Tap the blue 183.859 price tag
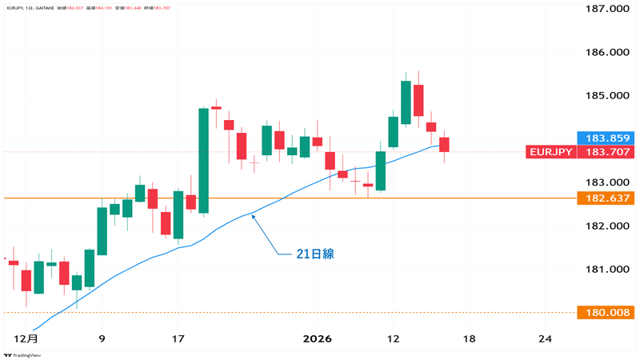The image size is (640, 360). click(x=606, y=138)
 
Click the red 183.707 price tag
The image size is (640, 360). click(x=606, y=152)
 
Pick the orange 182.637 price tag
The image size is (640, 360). click(x=606, y=198)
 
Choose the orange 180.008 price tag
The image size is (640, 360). click(x=606, y=312)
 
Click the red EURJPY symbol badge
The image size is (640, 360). click(x=550, y=152)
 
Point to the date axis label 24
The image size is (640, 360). click(x=545, y=339)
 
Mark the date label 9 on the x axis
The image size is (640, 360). click(x=102, y=339)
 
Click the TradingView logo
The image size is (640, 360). click(x=26, y=354)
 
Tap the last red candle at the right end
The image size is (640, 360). click(x=444, y=145)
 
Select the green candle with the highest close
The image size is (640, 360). click(x=406, y=102)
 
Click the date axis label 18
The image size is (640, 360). click(x=469, y=339)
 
